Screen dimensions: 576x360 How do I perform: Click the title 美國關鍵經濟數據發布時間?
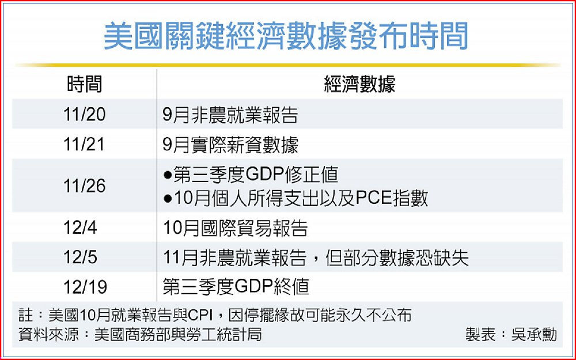click(x=286, y=36)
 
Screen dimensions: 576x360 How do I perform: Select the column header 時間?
click(x=85, y=84)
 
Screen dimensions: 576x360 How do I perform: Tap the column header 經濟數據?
click(x=359, y=84)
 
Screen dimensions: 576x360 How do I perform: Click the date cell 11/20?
click(x=85, y=114)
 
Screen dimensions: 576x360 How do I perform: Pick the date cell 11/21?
click(x=84, y=145)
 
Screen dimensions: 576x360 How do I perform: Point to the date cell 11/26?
click(x=85, y=186)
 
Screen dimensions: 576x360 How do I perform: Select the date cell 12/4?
click(x=80, y=228)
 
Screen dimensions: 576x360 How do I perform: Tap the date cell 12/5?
click(x=80, y=257)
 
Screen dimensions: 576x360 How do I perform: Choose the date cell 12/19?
click(x=85, y=287)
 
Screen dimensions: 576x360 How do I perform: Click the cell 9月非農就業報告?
click(x=230, y=115)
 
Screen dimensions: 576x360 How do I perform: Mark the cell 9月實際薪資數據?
click(x=230, y=145)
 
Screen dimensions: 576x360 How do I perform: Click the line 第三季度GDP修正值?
click(x=251, y=175)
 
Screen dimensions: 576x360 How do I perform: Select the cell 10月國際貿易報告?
click(x=235, y=228)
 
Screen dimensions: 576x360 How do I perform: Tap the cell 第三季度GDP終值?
click(x=236, y=287)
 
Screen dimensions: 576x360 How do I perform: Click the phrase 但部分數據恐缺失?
click(x=397, y=257)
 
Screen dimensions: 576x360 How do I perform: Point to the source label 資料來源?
click(x=49, y=334)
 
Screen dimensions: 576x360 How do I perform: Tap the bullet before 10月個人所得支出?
click(x=168, y=199)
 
